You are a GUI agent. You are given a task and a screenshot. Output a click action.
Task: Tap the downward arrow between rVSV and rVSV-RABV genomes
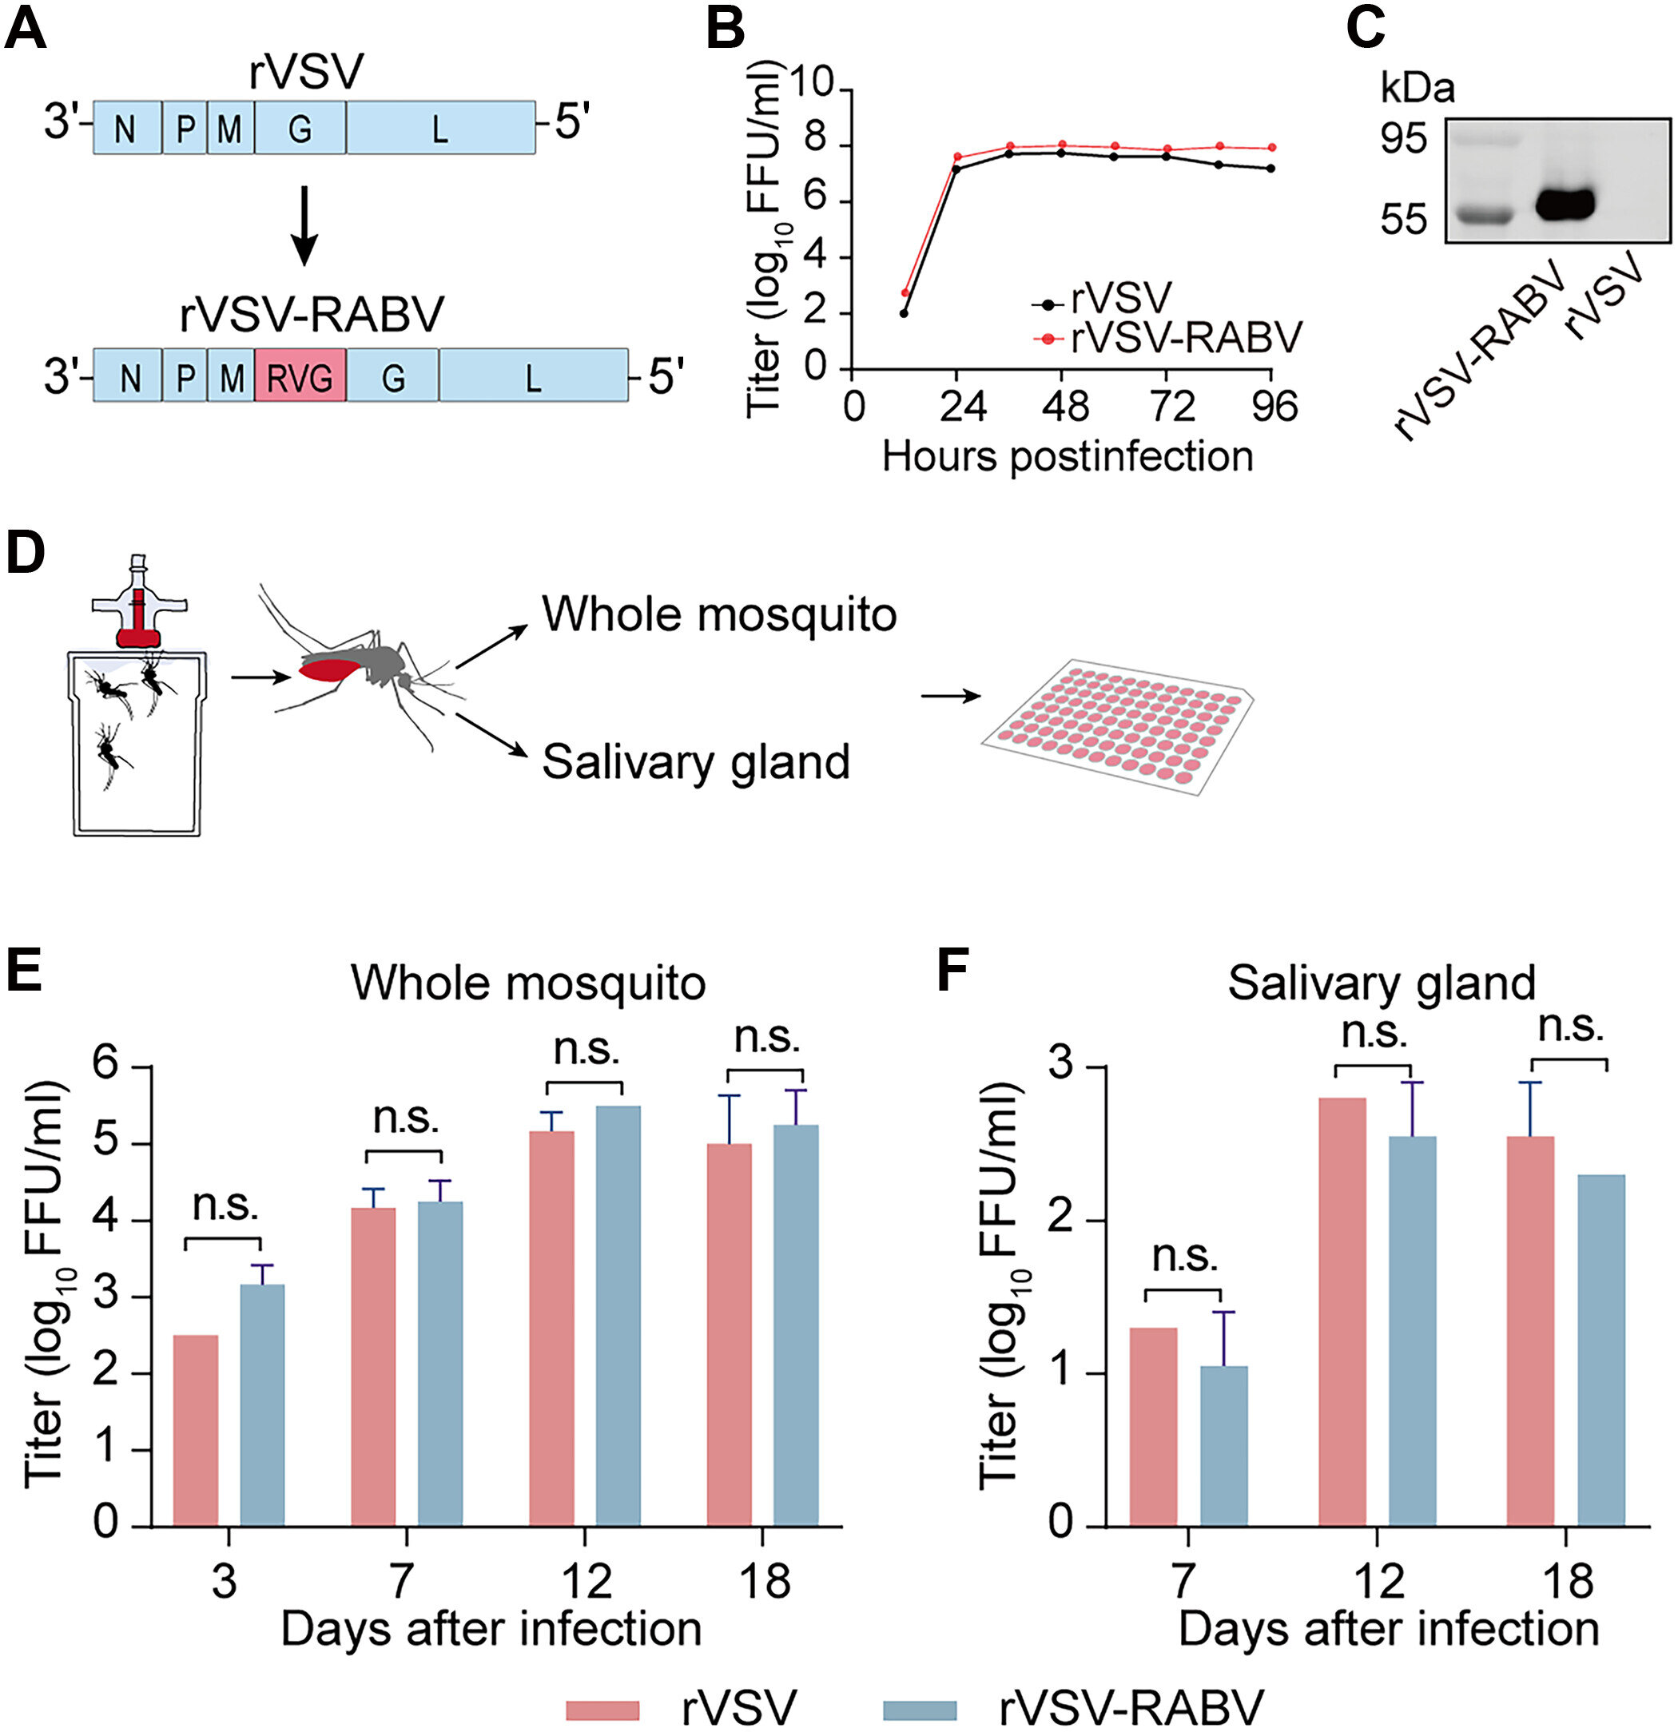click(304, 224)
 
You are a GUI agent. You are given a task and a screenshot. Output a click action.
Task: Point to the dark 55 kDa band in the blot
click(1564, 205)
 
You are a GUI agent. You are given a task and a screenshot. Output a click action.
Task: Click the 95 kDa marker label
click(1404, 139)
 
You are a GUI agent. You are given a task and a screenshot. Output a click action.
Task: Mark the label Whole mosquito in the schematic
click(718, 614)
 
